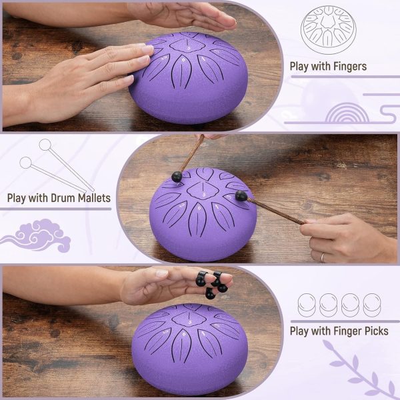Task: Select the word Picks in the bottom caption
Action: coord(377,331)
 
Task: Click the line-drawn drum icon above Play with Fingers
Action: coord(329,29)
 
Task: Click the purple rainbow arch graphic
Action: coord(347,113)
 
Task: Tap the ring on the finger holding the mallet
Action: coord(323,257)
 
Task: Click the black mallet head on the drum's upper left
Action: coord(177,177)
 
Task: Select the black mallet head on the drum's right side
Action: coord(241,195)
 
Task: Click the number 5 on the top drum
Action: coord(189,48)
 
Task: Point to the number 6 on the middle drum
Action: coord(199,208)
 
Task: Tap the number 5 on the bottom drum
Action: coord(190,322)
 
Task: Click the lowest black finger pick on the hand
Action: coord(210,293)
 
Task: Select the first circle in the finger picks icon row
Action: coord(307,305)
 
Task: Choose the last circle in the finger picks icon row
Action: coord(372,305)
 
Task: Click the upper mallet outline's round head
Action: coord(45,145)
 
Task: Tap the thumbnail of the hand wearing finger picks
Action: coord(162,274)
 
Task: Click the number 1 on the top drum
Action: coord(203,59)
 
